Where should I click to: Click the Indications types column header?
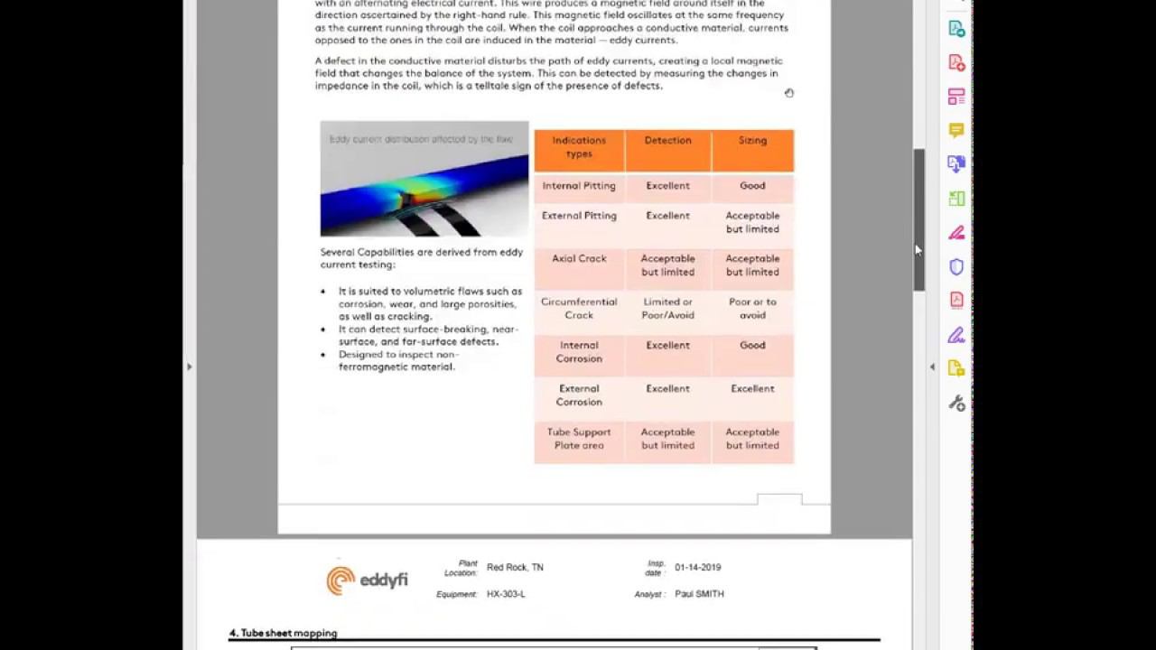point(579,147)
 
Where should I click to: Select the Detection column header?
point(667,141)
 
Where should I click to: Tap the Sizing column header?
point(752,141)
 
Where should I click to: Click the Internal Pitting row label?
point(579,186)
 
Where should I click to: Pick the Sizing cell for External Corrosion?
point(752,389)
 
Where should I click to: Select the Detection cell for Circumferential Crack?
point(667,309)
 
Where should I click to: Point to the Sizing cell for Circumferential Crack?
point(752,309)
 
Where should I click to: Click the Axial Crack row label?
point(579,259)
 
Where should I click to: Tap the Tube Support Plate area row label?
point(579,439)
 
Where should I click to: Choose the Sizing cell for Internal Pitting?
point(752,186)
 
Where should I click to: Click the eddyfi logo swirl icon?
point(340,580)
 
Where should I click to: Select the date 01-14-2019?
point(698,568)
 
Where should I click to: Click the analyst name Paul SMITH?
point(699,594)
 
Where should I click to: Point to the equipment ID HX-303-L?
point(506,594)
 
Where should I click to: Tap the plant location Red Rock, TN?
point(515,568)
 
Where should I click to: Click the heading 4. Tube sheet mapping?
point(284,634)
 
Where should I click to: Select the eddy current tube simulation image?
point(424,179)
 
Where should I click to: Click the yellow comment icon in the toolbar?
point(956,131)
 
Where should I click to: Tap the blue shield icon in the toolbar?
point(956,267)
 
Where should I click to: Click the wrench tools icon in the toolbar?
point(956,404)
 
